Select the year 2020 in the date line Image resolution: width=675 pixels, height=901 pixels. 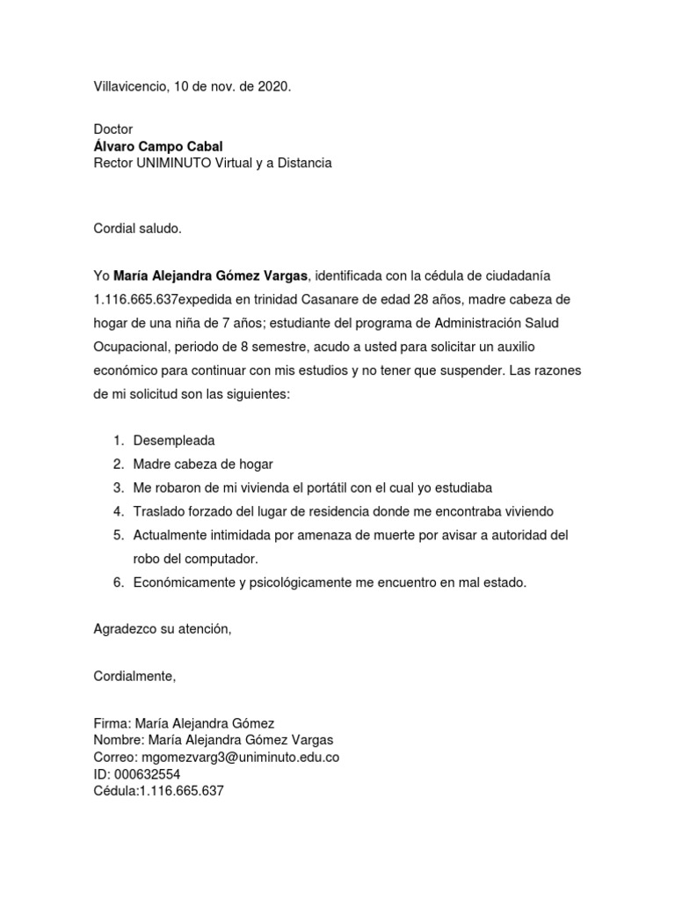pos(272,87)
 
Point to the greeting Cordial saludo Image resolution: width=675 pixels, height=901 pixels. pos(137,229)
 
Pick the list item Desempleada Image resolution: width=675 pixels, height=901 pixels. pos(174,440)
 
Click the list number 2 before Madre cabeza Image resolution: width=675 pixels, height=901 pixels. pos(118,464)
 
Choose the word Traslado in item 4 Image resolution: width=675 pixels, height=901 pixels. pos(159,511)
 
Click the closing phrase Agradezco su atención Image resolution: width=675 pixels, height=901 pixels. pos(163,629)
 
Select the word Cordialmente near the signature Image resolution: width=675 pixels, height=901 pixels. pos(134,677)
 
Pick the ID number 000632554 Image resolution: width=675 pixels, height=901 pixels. pos(148,773)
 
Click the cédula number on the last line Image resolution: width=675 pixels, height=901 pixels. pos(181,790)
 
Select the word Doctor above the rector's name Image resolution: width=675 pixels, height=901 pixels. pos(113,129)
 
